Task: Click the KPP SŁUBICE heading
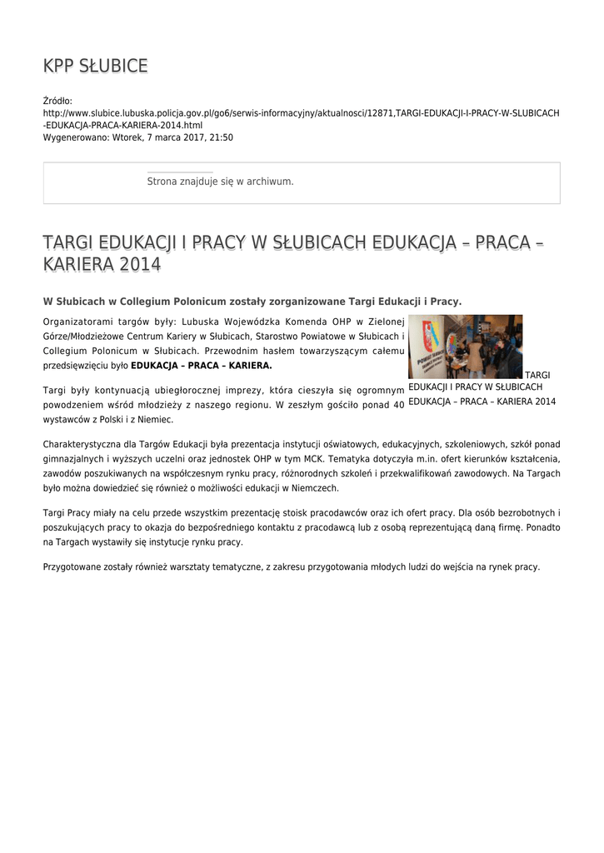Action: click(96, 66)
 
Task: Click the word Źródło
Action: click(57, 101)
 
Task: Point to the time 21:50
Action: click(221, 137)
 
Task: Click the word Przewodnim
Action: click(229, 351)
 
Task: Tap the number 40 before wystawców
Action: click(398, 405)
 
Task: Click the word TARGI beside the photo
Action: click(538, 376)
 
